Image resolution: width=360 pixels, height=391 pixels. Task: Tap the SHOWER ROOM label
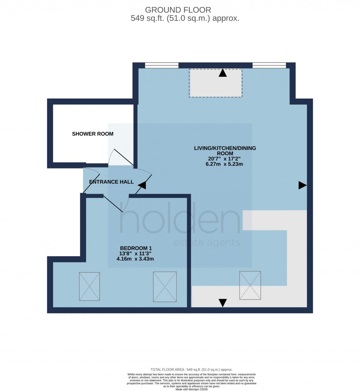click(93, 134)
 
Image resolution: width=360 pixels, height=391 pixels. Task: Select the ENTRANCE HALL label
click(111, 182)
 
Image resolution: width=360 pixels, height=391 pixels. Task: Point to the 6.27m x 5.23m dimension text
click(225, 164)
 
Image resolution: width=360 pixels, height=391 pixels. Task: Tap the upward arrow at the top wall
click(223, 73)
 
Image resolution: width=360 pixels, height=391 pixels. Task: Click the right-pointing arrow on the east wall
click(302, 185)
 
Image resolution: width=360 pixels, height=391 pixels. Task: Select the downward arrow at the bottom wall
click(223, 303)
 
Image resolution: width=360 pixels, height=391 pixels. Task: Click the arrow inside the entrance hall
click(142, 185)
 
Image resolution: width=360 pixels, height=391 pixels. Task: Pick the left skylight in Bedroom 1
click(89, 286)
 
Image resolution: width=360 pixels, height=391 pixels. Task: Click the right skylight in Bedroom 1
click(165, 287)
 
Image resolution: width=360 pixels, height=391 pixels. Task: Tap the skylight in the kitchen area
click(250, 285)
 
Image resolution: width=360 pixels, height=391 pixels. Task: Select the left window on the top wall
click(162, 65)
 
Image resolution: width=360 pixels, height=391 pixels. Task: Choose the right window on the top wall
click(269, 65)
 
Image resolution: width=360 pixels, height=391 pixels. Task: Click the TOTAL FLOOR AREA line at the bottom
click(191, 370)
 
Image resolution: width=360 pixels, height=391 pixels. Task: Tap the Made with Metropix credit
click(191, 388)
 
